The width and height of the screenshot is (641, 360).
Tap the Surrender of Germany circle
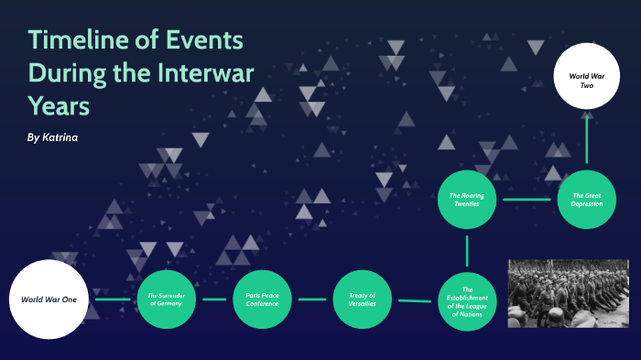coord(166,299)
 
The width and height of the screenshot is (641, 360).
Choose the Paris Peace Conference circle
coord(264,299)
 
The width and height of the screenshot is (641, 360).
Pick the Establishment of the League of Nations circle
coord(467,300)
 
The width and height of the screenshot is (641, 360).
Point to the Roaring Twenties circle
coord(467,199)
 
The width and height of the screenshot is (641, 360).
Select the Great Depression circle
coord(586,199)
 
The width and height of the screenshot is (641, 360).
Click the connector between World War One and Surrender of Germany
coord(114,300)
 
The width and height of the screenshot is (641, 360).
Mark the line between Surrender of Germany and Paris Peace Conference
coord(214,300)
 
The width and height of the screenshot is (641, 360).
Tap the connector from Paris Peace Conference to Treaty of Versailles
coord(312,300)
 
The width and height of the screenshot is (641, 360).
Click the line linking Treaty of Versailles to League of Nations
coord(415,300)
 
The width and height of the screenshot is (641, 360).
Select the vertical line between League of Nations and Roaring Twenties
coord(467,250)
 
